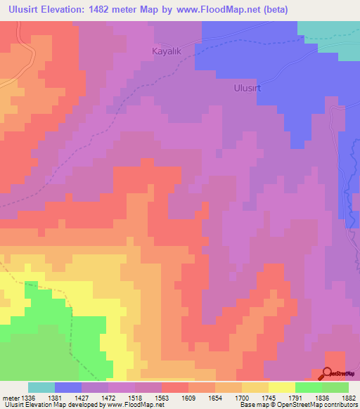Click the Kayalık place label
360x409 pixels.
tap(167, 51)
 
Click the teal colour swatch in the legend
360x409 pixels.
tap(41, 387)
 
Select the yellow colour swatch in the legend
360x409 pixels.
tap(281, 387)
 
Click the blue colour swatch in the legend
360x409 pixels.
tap(68, 387)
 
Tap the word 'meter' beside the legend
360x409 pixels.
tap(11, 398)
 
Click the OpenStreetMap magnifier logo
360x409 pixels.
tap(328, 373)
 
